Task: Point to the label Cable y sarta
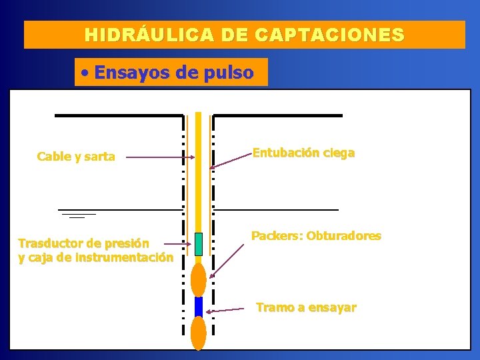click(x=76, y=157)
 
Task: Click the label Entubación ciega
click(x=303, y=153)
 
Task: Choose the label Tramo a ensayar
click(x=306, y=307)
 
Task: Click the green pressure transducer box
click(x=198, y=244)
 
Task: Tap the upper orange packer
click(x=198, y=279)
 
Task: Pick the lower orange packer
click(x=198, y=332)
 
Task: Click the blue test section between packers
click(x=198, y=307)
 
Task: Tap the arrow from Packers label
click(x=227, y=261)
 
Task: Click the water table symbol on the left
click(x=77, y=213)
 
